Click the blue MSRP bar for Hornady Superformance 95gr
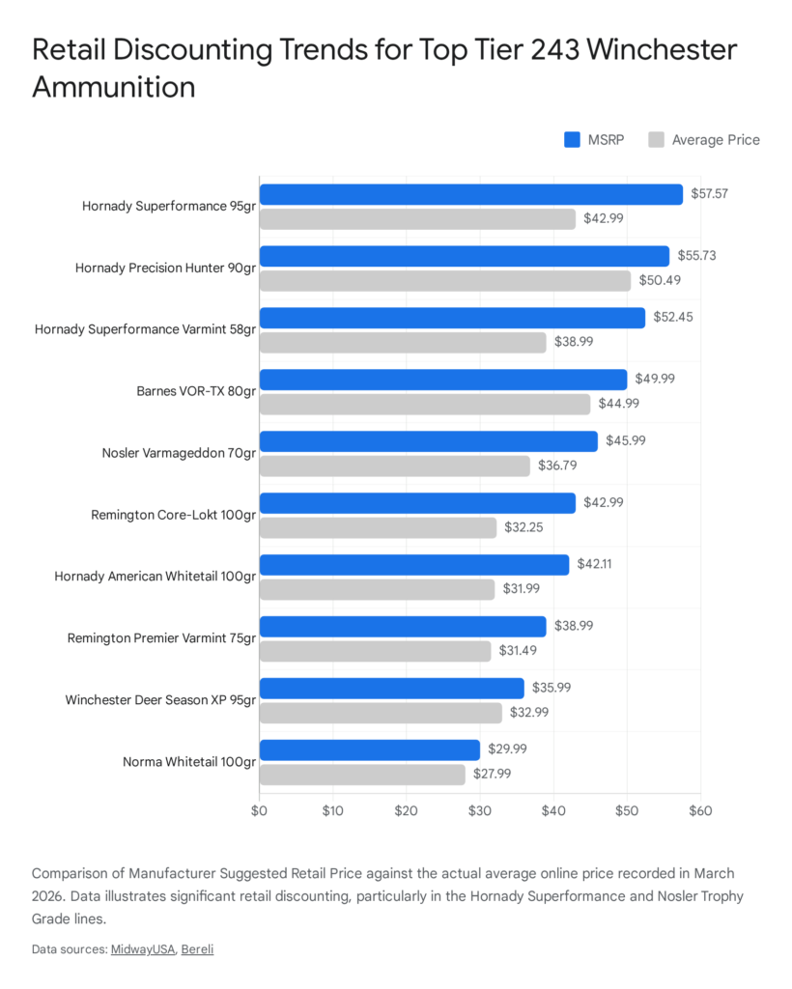[470, 194]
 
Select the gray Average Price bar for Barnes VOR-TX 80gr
[424, 404]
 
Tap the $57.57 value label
[709, 194]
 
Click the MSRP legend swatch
[572, 140]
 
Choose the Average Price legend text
[716, 140]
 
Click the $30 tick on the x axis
[480, 810]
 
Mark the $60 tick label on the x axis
[700, 810]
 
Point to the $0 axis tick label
[259, 810]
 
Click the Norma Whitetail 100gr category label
[189, 762]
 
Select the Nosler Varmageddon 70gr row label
[179, 453]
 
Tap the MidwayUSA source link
[142, 949]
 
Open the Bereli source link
[197, 949]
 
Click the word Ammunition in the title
[114, 87]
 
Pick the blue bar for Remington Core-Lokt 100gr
[417, 503]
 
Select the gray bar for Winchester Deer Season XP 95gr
[381, 713]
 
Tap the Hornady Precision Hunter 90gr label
[165, 268]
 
